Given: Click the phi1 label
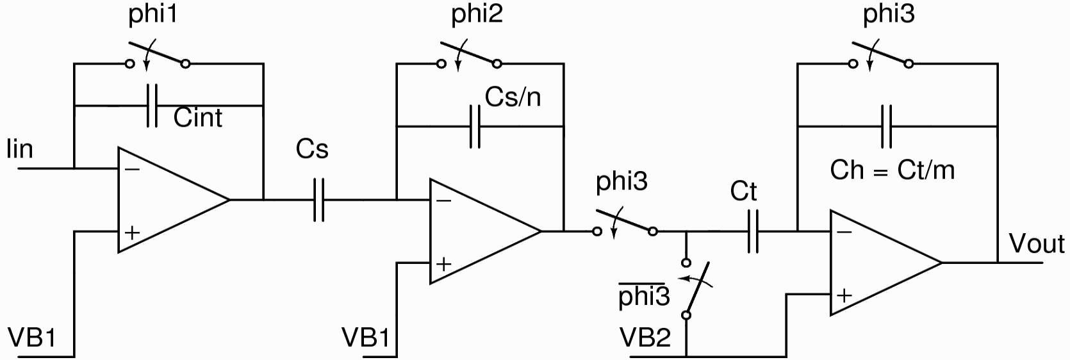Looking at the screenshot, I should tap(152, 15).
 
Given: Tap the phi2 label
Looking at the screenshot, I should tap(477, 15).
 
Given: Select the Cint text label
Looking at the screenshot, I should tap(197, 118).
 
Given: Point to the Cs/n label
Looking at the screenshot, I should tap(513, 97).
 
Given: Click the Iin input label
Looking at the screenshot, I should tap(19, 149).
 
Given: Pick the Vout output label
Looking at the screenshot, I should tap(1036, 244).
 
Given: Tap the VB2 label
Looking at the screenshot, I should tap(645, 338).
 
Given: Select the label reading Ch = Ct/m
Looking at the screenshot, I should tap(892, 170).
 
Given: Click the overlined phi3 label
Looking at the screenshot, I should tap(644, 297).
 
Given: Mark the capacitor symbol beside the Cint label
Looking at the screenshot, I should tap(152, 105).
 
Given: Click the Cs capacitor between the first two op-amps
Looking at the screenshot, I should tap(318, 200).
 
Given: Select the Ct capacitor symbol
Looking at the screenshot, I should tap(753, 231).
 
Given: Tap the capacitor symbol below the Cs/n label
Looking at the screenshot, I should tap(475, 127).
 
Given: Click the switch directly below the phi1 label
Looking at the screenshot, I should tap(158, 56).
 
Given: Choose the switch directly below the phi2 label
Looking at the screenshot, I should tap(469, 56).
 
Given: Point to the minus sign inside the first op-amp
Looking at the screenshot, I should tap(132, 170).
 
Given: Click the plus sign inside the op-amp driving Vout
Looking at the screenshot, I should tap(844, 295).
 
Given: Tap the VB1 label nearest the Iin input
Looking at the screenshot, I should tap(31, 338).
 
